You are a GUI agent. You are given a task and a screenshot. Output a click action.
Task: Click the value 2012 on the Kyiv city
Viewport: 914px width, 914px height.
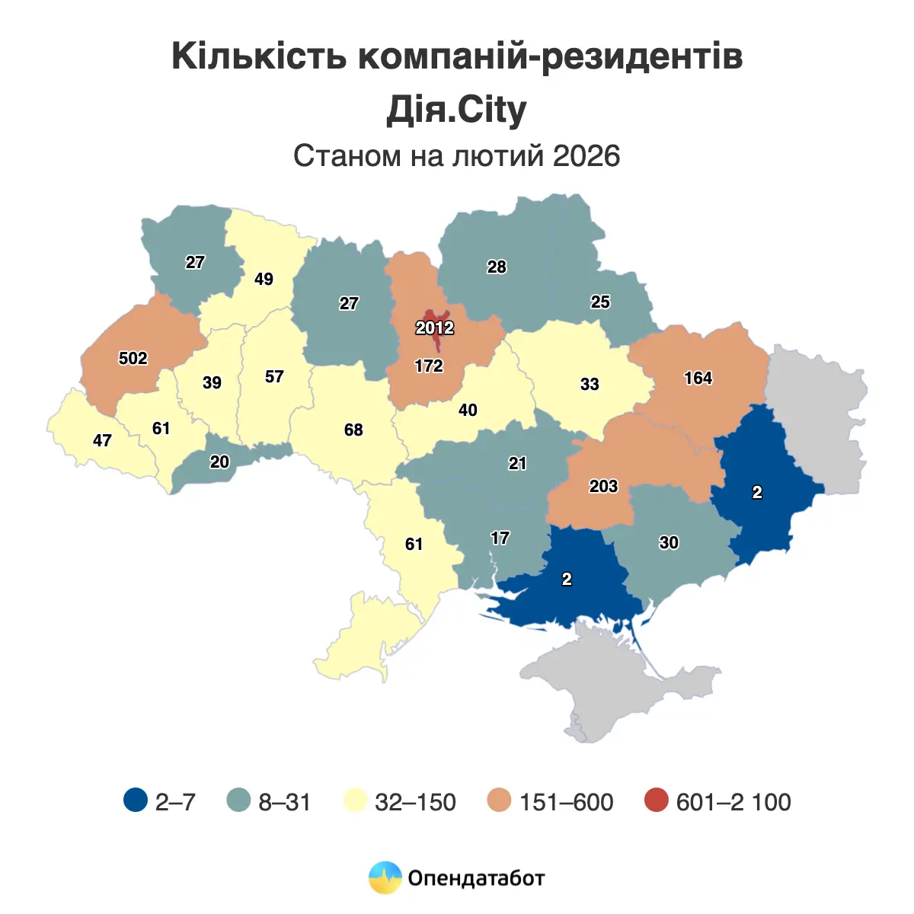[434, 328]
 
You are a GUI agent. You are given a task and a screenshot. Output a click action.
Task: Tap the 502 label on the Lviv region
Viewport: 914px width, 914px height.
[133, 358]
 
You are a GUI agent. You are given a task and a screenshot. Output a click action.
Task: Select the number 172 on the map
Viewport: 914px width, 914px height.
[429, 366]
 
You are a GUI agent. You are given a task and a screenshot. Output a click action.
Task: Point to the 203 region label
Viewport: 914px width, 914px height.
[603, 486]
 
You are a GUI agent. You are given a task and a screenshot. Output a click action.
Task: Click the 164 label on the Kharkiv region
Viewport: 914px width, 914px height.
[698, 378]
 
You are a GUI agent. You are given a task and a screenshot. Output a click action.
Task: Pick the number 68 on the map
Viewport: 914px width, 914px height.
[353, 430]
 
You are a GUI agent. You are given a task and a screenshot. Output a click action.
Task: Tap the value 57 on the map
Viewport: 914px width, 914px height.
[274, 376]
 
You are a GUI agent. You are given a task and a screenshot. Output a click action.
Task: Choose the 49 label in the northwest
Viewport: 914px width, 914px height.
[264, 279]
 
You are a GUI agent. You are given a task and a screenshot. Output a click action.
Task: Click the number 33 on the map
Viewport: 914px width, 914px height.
[590, 384]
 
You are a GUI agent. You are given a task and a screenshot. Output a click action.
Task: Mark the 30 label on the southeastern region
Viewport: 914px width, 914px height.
[669, 542]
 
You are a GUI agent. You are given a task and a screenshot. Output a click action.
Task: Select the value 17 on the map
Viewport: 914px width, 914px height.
[500, 538]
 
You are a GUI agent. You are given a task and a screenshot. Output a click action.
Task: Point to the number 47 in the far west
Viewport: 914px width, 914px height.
[102, 440]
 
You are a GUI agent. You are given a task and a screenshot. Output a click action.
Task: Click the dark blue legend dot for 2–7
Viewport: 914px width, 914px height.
[135, 801]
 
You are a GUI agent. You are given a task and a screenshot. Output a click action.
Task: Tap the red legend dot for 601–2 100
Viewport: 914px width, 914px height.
[655, 801]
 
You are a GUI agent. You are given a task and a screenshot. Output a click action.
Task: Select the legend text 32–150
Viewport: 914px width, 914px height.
[415, 802]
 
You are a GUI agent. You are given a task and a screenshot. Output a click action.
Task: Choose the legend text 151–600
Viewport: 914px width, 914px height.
[566, 802]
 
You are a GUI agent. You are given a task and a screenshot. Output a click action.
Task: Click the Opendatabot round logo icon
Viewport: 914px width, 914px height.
[385, 877]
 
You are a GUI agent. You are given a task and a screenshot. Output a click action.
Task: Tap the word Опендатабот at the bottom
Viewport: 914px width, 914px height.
[476, 878]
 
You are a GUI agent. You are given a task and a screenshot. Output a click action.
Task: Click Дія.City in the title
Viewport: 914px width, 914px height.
[456, 110]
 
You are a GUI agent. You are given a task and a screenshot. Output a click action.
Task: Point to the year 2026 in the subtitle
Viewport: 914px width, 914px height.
[586, 155]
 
